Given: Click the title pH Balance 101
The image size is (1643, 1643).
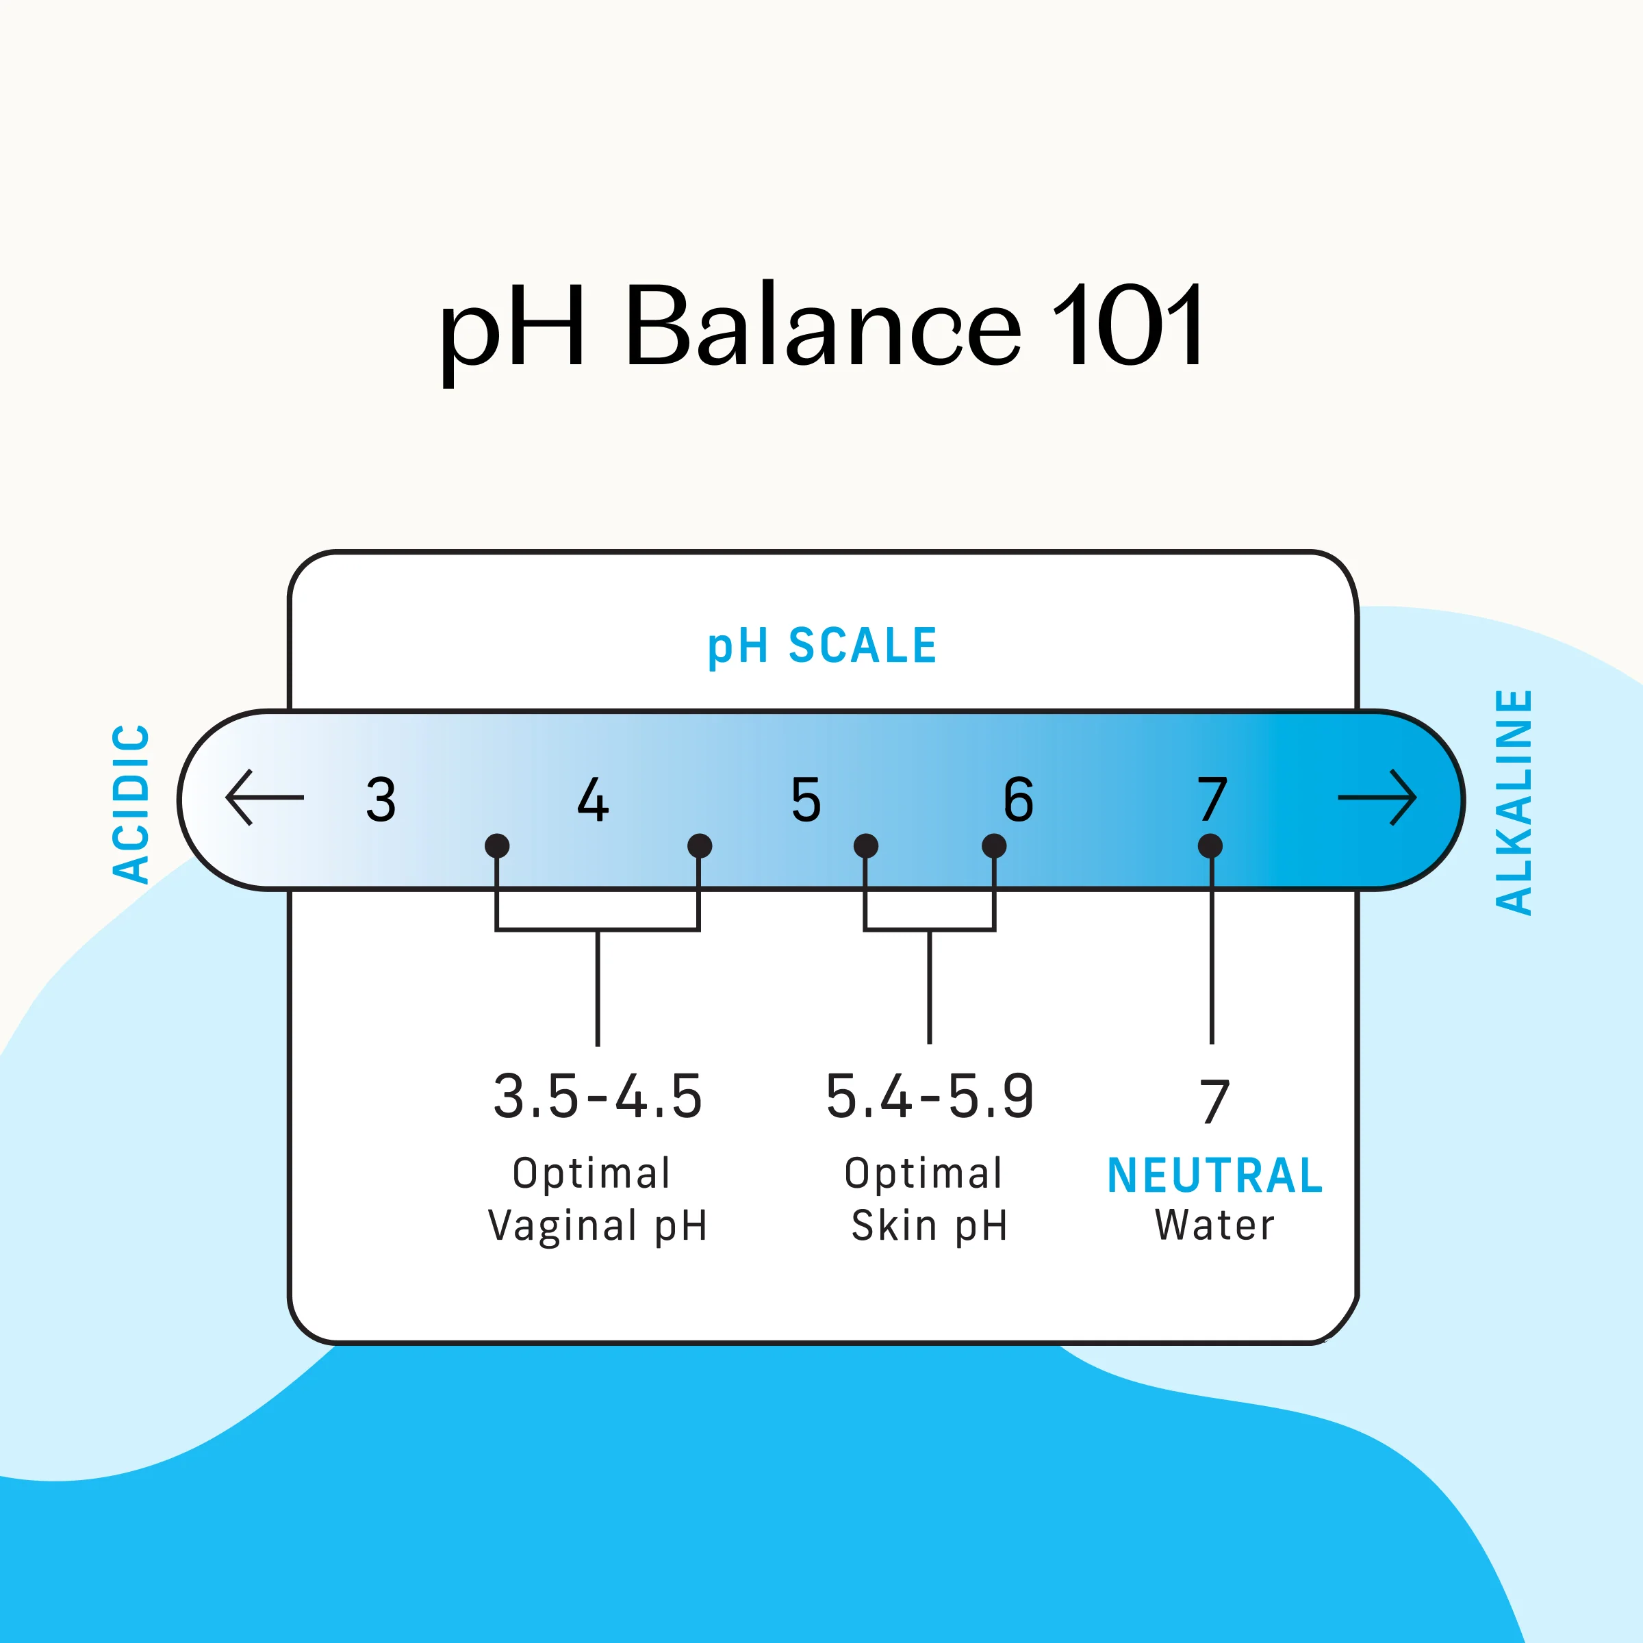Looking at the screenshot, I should (821, 327).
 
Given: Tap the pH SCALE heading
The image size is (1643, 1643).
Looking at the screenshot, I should (821, 646).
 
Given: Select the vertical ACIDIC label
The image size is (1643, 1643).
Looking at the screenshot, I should (132, 804).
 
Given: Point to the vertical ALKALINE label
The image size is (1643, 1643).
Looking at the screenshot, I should (1514, 802).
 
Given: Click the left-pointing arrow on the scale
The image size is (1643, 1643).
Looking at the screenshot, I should (264, 798).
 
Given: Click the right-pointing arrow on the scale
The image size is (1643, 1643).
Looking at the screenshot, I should (1376, 798).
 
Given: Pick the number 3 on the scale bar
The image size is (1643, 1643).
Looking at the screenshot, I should (381, 800).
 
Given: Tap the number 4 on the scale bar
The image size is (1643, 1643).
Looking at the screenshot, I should (593, 800).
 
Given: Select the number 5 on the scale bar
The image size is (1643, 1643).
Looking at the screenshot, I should (805, 800).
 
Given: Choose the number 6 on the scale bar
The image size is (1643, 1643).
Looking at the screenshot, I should (1018, 800).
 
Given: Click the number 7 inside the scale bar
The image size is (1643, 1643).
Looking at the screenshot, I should (1212, 800).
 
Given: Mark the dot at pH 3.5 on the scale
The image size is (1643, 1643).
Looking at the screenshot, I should (496, 846).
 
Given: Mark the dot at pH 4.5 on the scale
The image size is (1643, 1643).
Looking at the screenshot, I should (699, 846).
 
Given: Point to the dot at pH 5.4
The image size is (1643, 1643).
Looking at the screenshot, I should (866, 846).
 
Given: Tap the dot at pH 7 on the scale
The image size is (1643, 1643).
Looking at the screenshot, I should (1210, 846).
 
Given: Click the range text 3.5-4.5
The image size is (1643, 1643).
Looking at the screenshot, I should (598, 1097).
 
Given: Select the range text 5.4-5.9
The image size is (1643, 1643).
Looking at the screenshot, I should (930, 1097).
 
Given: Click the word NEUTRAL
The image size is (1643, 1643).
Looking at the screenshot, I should (1214, 1176).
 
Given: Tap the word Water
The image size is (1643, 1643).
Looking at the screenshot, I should (1214, 1225).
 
